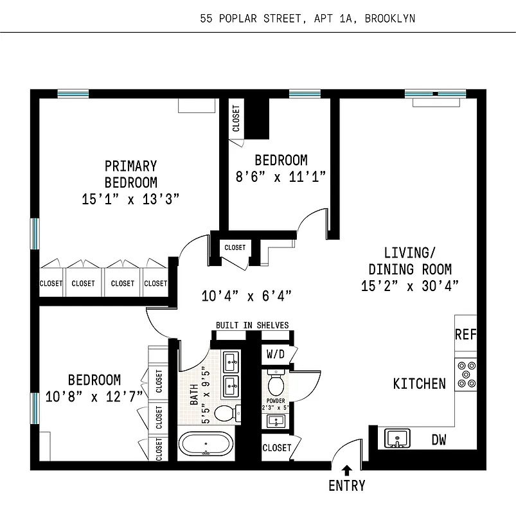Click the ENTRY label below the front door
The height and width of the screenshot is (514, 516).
(x=346, y=486)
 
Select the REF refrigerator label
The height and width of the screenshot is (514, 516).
(x=465, y=334)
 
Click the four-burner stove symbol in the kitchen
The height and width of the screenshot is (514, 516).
(x=466, y=374)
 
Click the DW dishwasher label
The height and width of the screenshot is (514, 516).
(x=439, y=440)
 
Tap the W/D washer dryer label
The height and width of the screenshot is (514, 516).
(x=274, y=354)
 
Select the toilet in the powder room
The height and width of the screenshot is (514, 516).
(x=276, y=384)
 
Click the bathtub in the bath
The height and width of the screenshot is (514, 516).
(x=205, y=444)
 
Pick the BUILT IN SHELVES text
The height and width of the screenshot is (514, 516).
(x=252, y=325)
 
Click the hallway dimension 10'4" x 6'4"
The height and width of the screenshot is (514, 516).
(x=246, y=296)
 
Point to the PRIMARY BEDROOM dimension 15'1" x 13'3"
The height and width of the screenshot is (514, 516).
(x=130, y=199)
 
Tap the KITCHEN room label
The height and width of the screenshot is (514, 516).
(x=419, y=384)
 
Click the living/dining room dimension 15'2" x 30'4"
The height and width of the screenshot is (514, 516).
(x=409, y=286)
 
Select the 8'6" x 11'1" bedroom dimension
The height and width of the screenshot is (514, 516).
(x=281, y=177)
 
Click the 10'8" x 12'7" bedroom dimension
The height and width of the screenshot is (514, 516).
(x=94, y=396)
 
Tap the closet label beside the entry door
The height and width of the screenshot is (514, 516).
(x=277, y=447)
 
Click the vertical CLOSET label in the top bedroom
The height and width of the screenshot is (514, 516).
(x=236, y=119)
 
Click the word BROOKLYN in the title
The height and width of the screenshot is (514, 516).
(x=389, y=18)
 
